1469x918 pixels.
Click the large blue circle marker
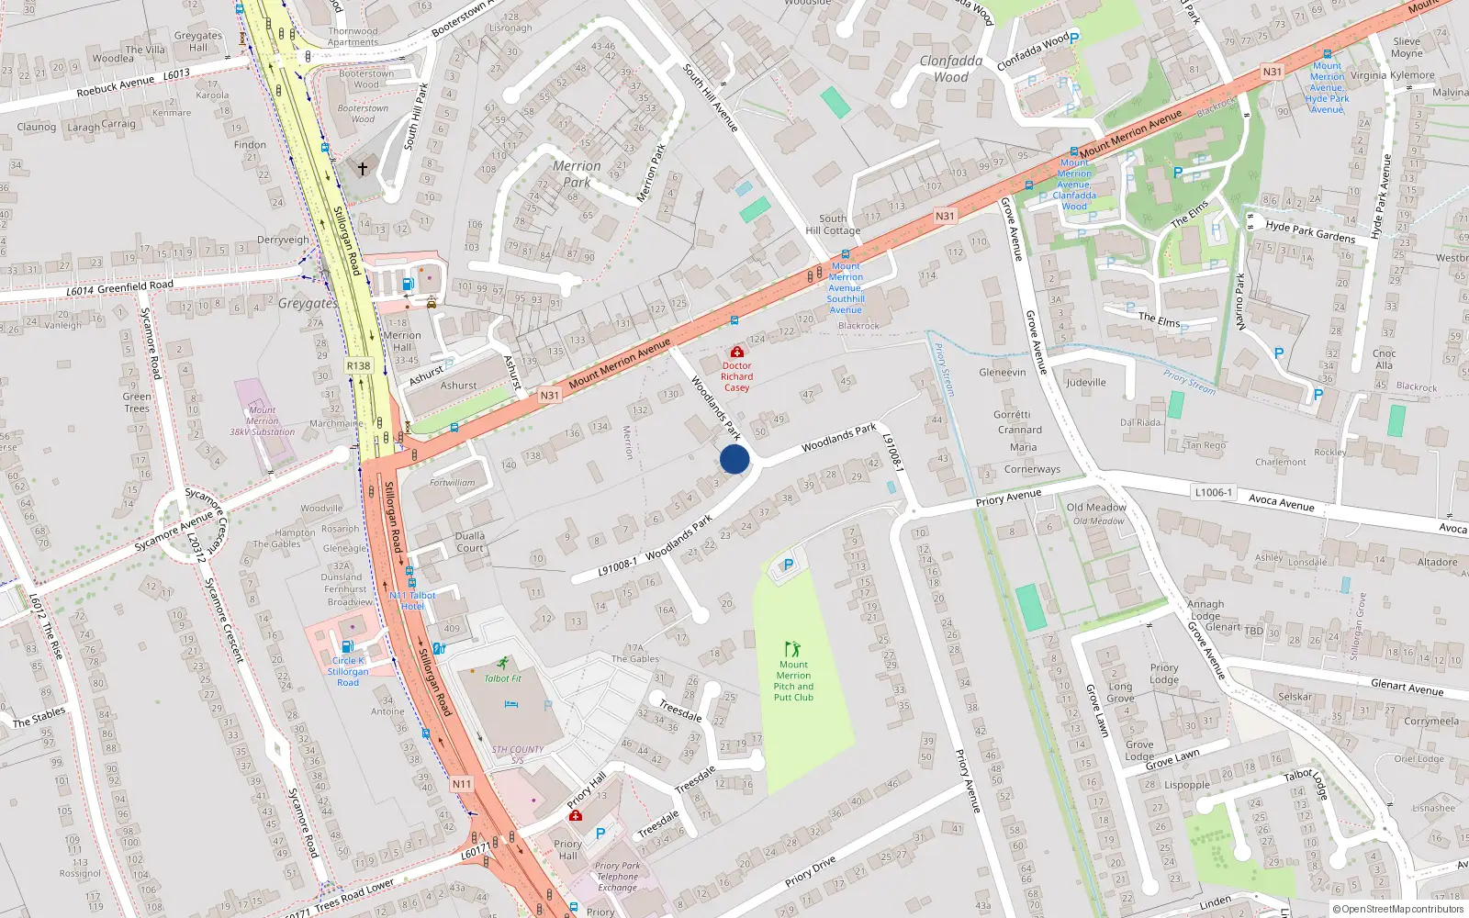point(734,459)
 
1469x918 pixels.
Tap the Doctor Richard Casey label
point(736,375)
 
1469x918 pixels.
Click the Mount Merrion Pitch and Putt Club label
point(793,680)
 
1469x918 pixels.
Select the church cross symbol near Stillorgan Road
point(363,169)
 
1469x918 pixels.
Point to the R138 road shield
point(358,365)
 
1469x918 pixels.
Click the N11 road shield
point(462,784)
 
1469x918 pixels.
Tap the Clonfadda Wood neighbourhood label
point(951,68)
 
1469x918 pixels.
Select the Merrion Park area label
point(577,174)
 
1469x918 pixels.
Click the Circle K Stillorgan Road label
point(348,671)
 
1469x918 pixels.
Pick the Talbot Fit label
point(502,678)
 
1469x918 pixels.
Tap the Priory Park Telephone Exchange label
point(617,876)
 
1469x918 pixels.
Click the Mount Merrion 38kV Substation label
point(262,420)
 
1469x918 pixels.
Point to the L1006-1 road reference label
point(1213,492)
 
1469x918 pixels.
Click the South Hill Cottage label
point(833,224)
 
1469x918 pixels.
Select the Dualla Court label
point(469,542)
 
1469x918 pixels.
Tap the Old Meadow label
point(1096,507)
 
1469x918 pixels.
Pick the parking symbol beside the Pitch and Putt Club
point(788,565)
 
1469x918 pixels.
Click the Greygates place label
point(308,303)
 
